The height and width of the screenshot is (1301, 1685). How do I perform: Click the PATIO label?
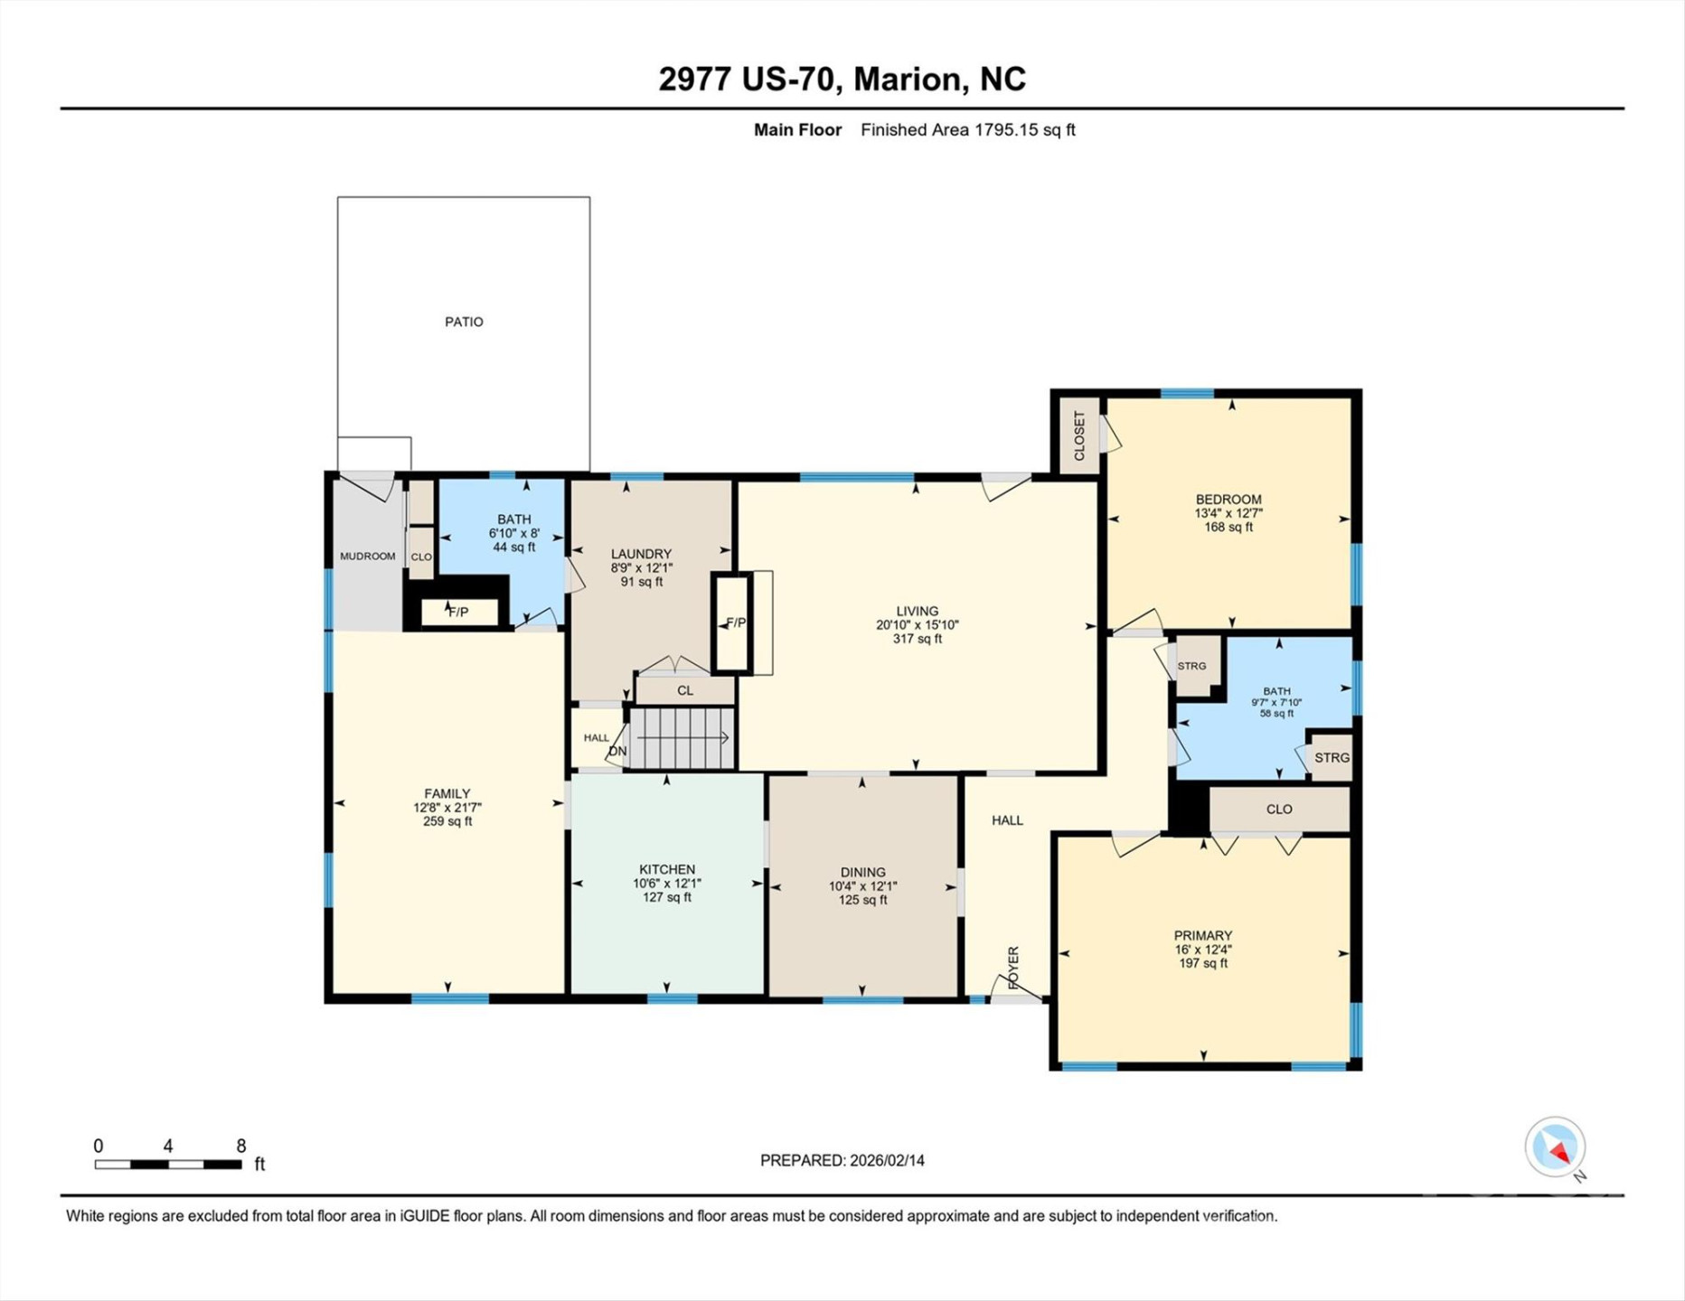(x=464, y=322)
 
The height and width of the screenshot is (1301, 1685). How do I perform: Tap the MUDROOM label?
(x=367, y=557)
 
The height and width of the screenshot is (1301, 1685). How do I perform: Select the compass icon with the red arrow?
(x=1555, y=1147)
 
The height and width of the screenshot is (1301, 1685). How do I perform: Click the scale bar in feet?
(x=168, y=1165)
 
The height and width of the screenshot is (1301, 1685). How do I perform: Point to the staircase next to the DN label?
(x=681, y=739)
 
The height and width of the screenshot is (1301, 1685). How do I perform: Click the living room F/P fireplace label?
(x=736, y=623)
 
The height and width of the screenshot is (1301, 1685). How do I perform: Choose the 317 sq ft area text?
(x=917, y=639)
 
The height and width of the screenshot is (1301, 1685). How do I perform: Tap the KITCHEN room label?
(x=667, y=869)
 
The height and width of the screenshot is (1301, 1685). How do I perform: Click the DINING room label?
(x=862, y=872)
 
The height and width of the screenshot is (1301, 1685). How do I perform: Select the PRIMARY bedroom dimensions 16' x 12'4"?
(x=1203, y=950)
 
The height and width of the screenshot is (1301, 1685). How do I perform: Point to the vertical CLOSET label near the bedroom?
(x=1079, y=435)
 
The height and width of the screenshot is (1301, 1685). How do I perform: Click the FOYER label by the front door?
(x=1013, y=968)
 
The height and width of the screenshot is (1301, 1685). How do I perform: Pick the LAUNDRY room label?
(x=641, y=554)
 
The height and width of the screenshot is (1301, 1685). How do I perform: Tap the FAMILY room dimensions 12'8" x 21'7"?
(x=447, y=808)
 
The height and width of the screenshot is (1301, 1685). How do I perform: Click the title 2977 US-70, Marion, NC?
(x=842, y=79)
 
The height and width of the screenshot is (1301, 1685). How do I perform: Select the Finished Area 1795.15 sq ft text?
(x=968, y=130)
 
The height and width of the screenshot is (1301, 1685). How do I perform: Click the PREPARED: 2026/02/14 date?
(x=842, y=1160)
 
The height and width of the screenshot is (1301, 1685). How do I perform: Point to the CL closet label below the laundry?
(x=685, y=690)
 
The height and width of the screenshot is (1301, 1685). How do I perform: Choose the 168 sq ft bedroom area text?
(x=1228, y=527)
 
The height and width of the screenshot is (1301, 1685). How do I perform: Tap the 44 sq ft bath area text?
(x=513, y=548)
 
